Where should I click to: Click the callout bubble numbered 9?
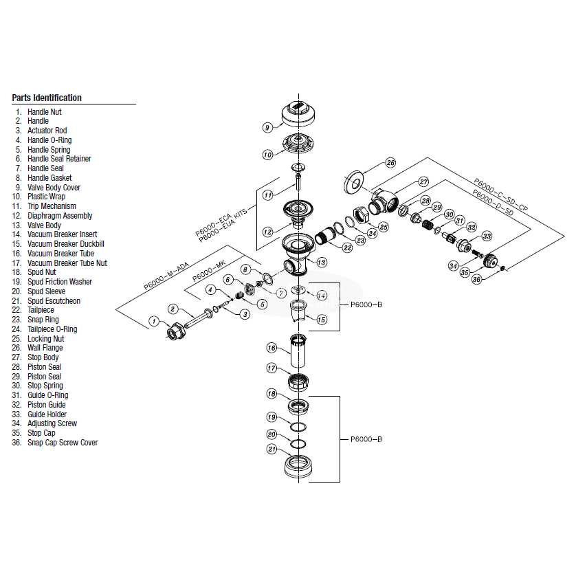pos(268,127)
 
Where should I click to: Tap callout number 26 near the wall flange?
pos(390,163)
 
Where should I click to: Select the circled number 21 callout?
pos(272,450)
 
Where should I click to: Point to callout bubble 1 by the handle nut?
pos(155,321)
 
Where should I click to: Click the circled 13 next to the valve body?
pos(321,262)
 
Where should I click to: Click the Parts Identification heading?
pos(47,98)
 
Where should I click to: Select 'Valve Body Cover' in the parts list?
pos(54,187)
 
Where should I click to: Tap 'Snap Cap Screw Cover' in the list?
pos(62,443)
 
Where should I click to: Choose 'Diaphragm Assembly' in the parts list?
pos(59,216)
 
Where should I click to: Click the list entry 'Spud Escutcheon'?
pos(54,301)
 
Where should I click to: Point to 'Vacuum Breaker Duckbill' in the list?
pos(65,244)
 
